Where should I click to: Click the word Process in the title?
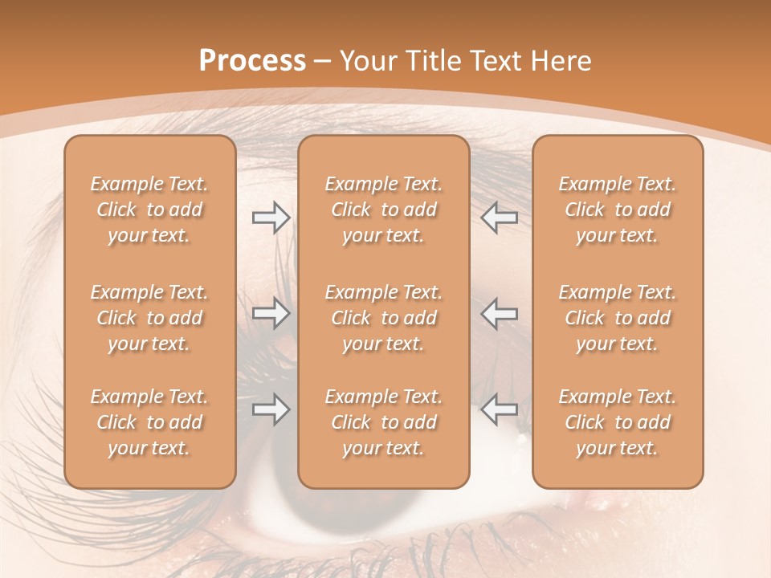coord(252,61)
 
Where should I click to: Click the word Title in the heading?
coord(434,61)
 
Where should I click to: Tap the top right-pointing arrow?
coord(271,218)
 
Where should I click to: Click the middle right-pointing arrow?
coord(271,313)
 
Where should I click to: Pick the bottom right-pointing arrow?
coord(271,409)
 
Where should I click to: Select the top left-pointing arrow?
coord(500,218)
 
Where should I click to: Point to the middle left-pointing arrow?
coord(500,313)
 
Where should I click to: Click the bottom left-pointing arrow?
coord(500,409)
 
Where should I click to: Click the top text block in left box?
coord(149,210)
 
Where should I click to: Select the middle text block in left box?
coord(149,318)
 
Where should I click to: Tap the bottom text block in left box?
coord(149,422)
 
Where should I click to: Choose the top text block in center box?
coord(383,210)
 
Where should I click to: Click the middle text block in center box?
coord(383,318)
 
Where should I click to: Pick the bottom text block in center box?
coord(383,422)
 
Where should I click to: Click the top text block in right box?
coord(617,210)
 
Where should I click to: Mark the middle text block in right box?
coord(617,318)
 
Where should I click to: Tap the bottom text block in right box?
coord(617,422)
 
